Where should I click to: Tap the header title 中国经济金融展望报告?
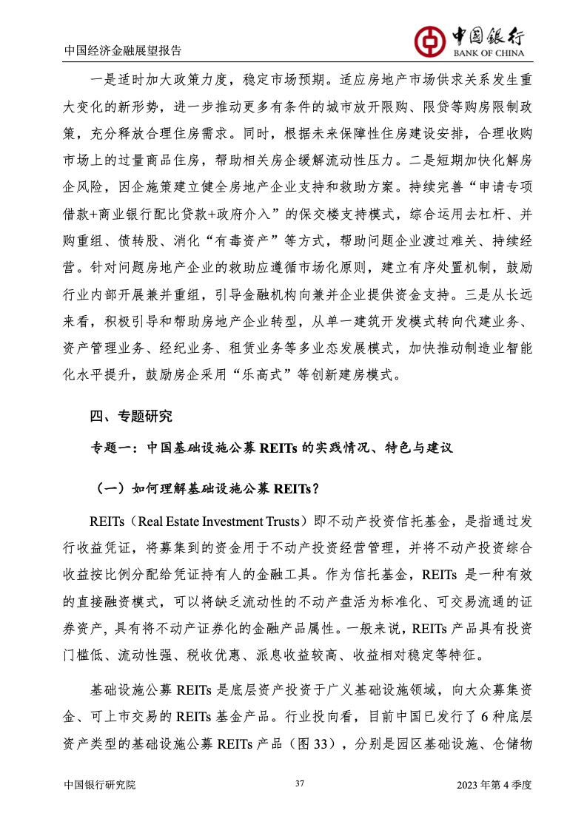point(123,51)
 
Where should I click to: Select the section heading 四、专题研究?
point(131,416)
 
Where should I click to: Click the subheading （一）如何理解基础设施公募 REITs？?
point(207,488)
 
